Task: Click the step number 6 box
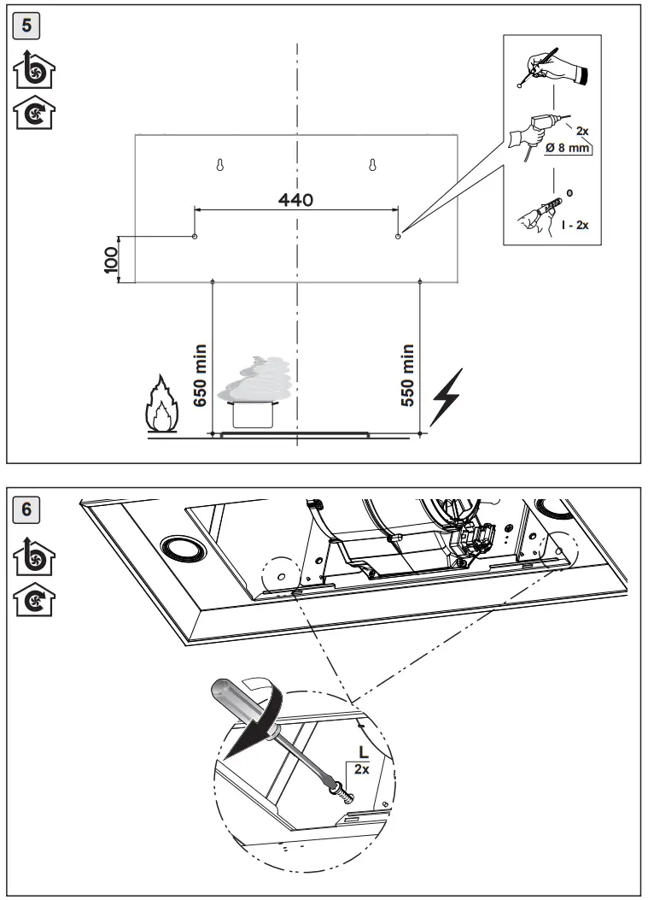(x=27, y=509)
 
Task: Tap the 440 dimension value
(x=296, y=200)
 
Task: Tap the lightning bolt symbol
(x=447, y=396)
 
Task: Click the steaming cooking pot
(x=254, y=402)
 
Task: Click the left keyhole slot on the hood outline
(x=219, y=165)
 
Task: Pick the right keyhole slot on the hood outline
(x=373, y=165)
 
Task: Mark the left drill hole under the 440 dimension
(x=196, y=235)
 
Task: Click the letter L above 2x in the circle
(x=362, y=753)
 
